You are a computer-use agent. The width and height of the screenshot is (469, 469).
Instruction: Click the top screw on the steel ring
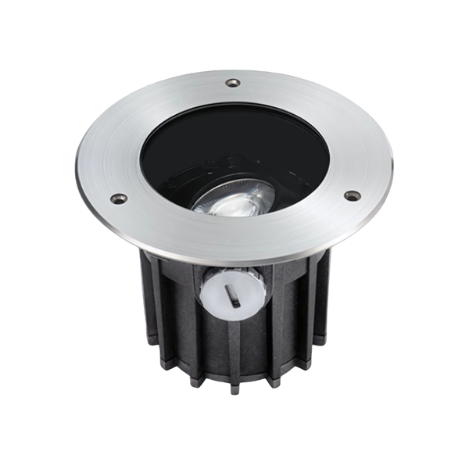point(231,81)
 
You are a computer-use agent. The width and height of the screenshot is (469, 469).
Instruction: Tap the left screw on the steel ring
point(119,199)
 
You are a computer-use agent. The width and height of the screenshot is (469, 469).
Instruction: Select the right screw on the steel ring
point(352,195)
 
